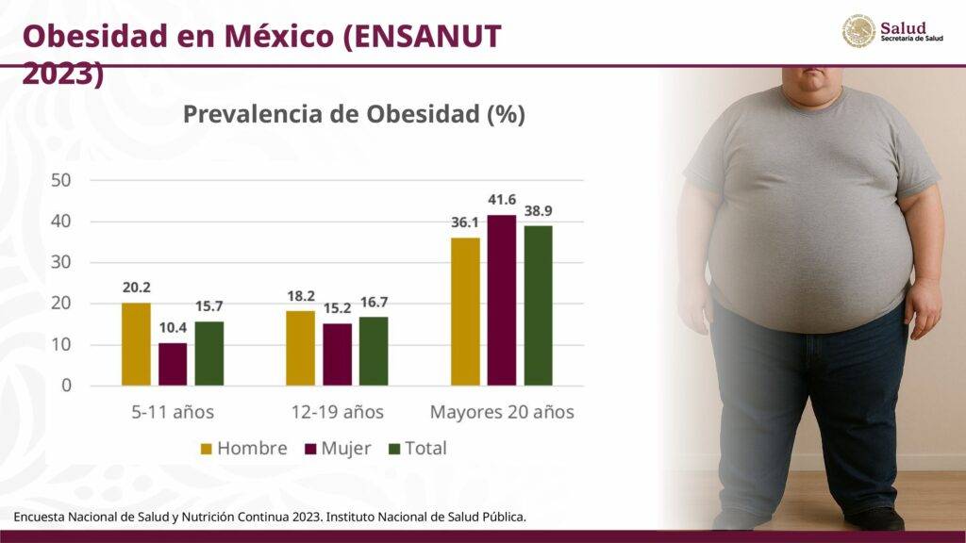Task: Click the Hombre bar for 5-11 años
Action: (136, 344)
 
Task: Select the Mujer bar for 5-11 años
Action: (173, 364)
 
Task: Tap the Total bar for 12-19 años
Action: (374, 351)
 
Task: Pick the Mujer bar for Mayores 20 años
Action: (502, 300)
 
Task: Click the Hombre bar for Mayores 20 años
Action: (465, 311)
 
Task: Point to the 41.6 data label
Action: (502, 200)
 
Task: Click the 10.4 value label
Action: (173, 327)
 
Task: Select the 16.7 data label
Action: (374, 302)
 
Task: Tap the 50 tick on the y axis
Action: (61, 180)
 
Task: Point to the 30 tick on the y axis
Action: (61, 262)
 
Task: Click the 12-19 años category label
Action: (337, 412)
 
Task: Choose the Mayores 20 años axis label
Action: (502, 412)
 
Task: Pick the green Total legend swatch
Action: (395, 449)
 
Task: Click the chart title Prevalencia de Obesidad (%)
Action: (354, 115)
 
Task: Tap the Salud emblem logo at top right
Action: (858, 31)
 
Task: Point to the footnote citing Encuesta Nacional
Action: (269, 517)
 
